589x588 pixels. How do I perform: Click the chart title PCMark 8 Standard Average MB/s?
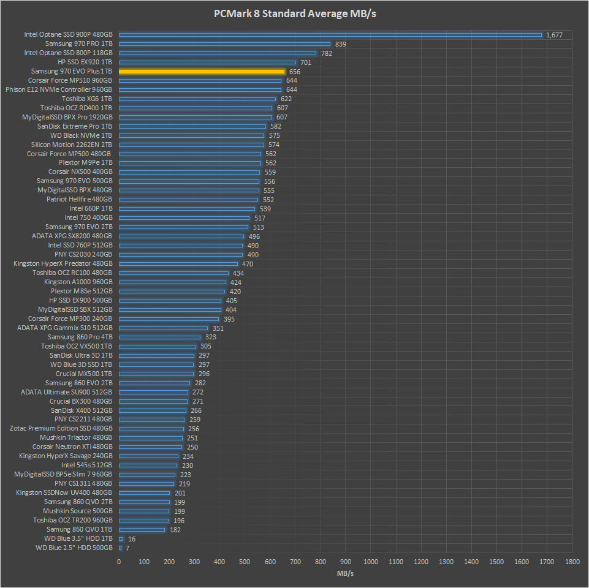294,13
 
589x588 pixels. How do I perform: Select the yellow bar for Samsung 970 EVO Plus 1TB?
202,72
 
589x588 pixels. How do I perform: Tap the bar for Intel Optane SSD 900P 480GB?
330,35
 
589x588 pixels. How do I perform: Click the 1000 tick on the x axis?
371,561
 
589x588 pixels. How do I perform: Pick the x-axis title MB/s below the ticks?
345,573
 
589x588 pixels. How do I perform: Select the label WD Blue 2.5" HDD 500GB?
74,548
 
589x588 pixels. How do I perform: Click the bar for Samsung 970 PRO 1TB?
224,44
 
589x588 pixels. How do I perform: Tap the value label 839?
341,44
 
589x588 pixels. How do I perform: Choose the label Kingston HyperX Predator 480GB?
63,264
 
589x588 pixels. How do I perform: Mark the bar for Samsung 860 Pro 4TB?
159,337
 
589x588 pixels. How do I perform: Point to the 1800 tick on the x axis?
572,561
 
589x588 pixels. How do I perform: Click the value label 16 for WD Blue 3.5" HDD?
132,538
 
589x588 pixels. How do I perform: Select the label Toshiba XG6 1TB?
87,99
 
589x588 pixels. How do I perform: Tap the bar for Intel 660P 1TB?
187,209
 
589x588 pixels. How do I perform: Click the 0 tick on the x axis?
119,561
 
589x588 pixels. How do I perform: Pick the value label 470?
248,264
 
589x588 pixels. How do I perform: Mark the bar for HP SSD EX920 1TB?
207,62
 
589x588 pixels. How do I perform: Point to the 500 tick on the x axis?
245,561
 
